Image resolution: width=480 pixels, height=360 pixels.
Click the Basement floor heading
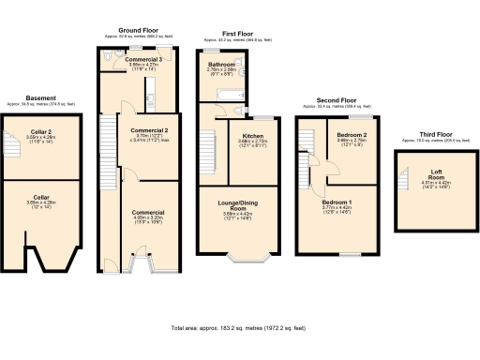40,97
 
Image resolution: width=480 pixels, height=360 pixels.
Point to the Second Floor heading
336,98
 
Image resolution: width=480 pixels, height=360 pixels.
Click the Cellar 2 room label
40,132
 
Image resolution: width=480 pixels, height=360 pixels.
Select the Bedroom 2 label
351,134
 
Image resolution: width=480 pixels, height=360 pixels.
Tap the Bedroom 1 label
337,202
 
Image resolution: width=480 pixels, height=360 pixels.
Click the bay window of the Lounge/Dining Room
253,257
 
